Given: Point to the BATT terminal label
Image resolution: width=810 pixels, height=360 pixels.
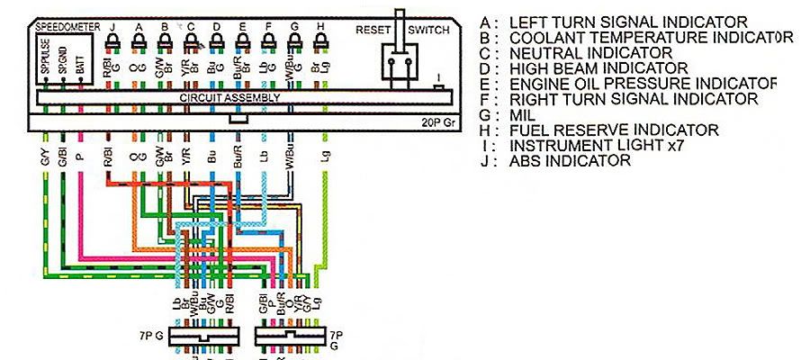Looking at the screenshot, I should (x=81, y=62).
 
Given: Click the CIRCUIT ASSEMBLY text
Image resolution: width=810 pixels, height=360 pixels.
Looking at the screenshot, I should (x=216, y=96).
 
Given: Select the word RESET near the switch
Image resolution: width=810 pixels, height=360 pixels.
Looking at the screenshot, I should (x=373, y=30).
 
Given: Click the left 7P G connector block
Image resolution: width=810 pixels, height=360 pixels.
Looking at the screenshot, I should (x=208, y=335).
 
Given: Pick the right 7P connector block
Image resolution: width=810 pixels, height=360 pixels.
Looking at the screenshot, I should (x=290, y=335).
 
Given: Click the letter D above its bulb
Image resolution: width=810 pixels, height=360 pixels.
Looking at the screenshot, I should (x=216, y=27).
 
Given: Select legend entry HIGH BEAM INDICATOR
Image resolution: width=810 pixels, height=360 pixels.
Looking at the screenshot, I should (x=598, y=67).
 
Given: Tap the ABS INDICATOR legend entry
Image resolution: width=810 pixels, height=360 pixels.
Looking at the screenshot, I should (x=570, y=161).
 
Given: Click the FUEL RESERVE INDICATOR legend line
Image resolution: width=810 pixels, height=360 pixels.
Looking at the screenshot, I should (x=614, y=130).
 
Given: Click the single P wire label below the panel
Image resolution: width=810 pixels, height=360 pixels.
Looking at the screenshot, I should (x=80, y=157).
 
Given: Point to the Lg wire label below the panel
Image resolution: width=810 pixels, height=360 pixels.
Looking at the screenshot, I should (x=322, y=157).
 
